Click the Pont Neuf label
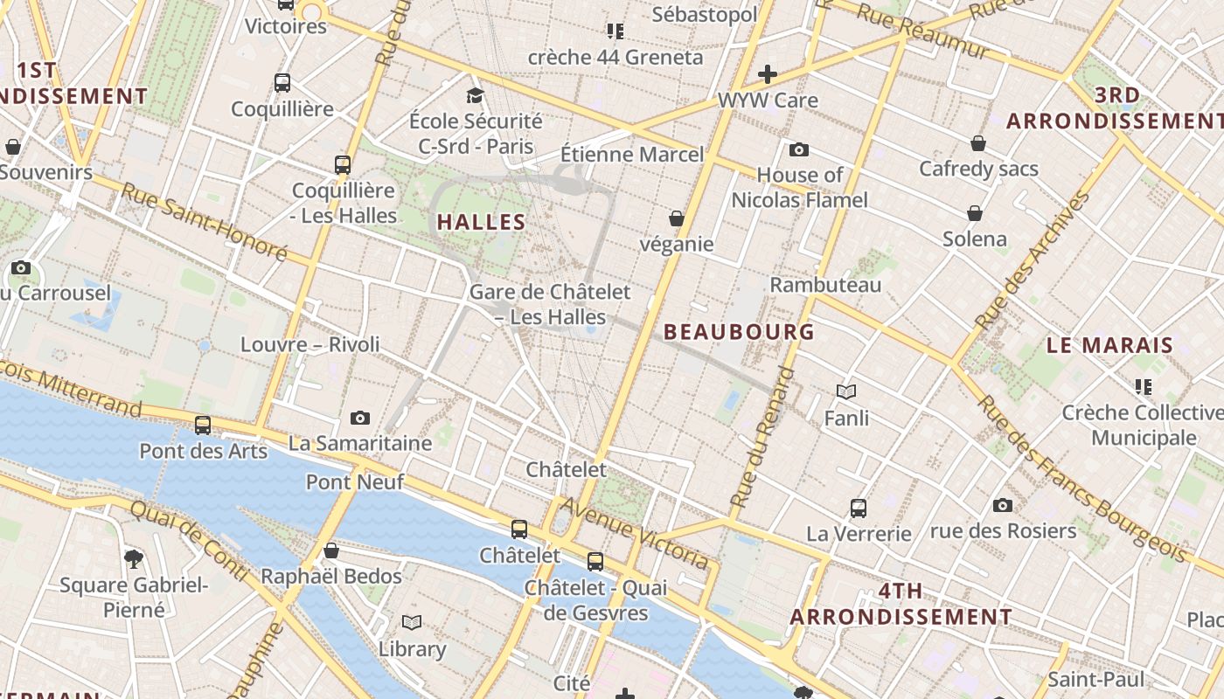(354, 481)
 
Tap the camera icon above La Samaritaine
(359, 419)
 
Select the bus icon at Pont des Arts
(203, 426)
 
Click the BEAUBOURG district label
(739, 332)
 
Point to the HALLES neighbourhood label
(481, 222)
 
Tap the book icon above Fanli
(846, 392)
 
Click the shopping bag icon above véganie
(676, 218)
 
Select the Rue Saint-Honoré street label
(204, 222)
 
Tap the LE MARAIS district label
(1109, 345)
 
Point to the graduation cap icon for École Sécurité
(475, 95)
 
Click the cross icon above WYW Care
(768, 74)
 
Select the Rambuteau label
(825, 285)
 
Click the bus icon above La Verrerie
(859, 508)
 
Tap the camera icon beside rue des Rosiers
(1003, 505)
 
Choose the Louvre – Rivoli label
(310, 344)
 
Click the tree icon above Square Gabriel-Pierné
(134, 557)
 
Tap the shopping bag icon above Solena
(975, 213)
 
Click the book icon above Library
(412, 623)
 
